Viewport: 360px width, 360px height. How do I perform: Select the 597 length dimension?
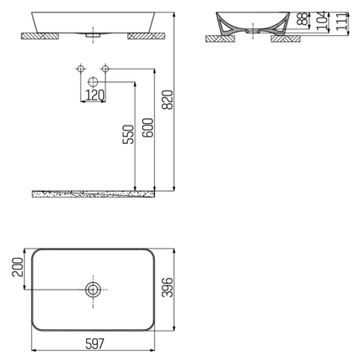click(92, 342)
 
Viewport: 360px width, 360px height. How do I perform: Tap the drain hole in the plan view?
click(93, 290)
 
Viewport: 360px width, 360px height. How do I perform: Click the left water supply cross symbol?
click(81, 67)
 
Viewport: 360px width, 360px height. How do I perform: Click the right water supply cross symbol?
click(105, 67)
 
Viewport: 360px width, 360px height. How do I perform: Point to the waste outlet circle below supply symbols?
click(93, 81)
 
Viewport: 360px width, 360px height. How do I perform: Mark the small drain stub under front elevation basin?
click(93, 35)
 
